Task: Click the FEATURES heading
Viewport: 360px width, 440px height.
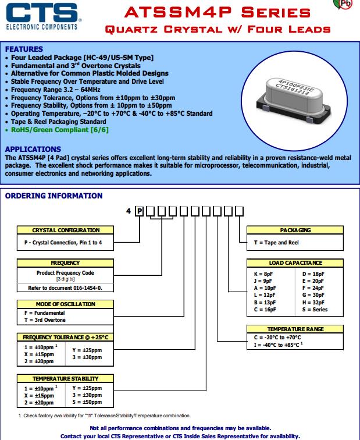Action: pos(24,49)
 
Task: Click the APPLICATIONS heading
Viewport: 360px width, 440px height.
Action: pos(33,149)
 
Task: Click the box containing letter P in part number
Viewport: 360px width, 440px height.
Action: pos(140,211)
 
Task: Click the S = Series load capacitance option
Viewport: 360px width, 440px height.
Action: pos(315,310)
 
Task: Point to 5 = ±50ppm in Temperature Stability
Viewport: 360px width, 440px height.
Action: pos(87,402)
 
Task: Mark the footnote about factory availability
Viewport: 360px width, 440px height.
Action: pos(105,416)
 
